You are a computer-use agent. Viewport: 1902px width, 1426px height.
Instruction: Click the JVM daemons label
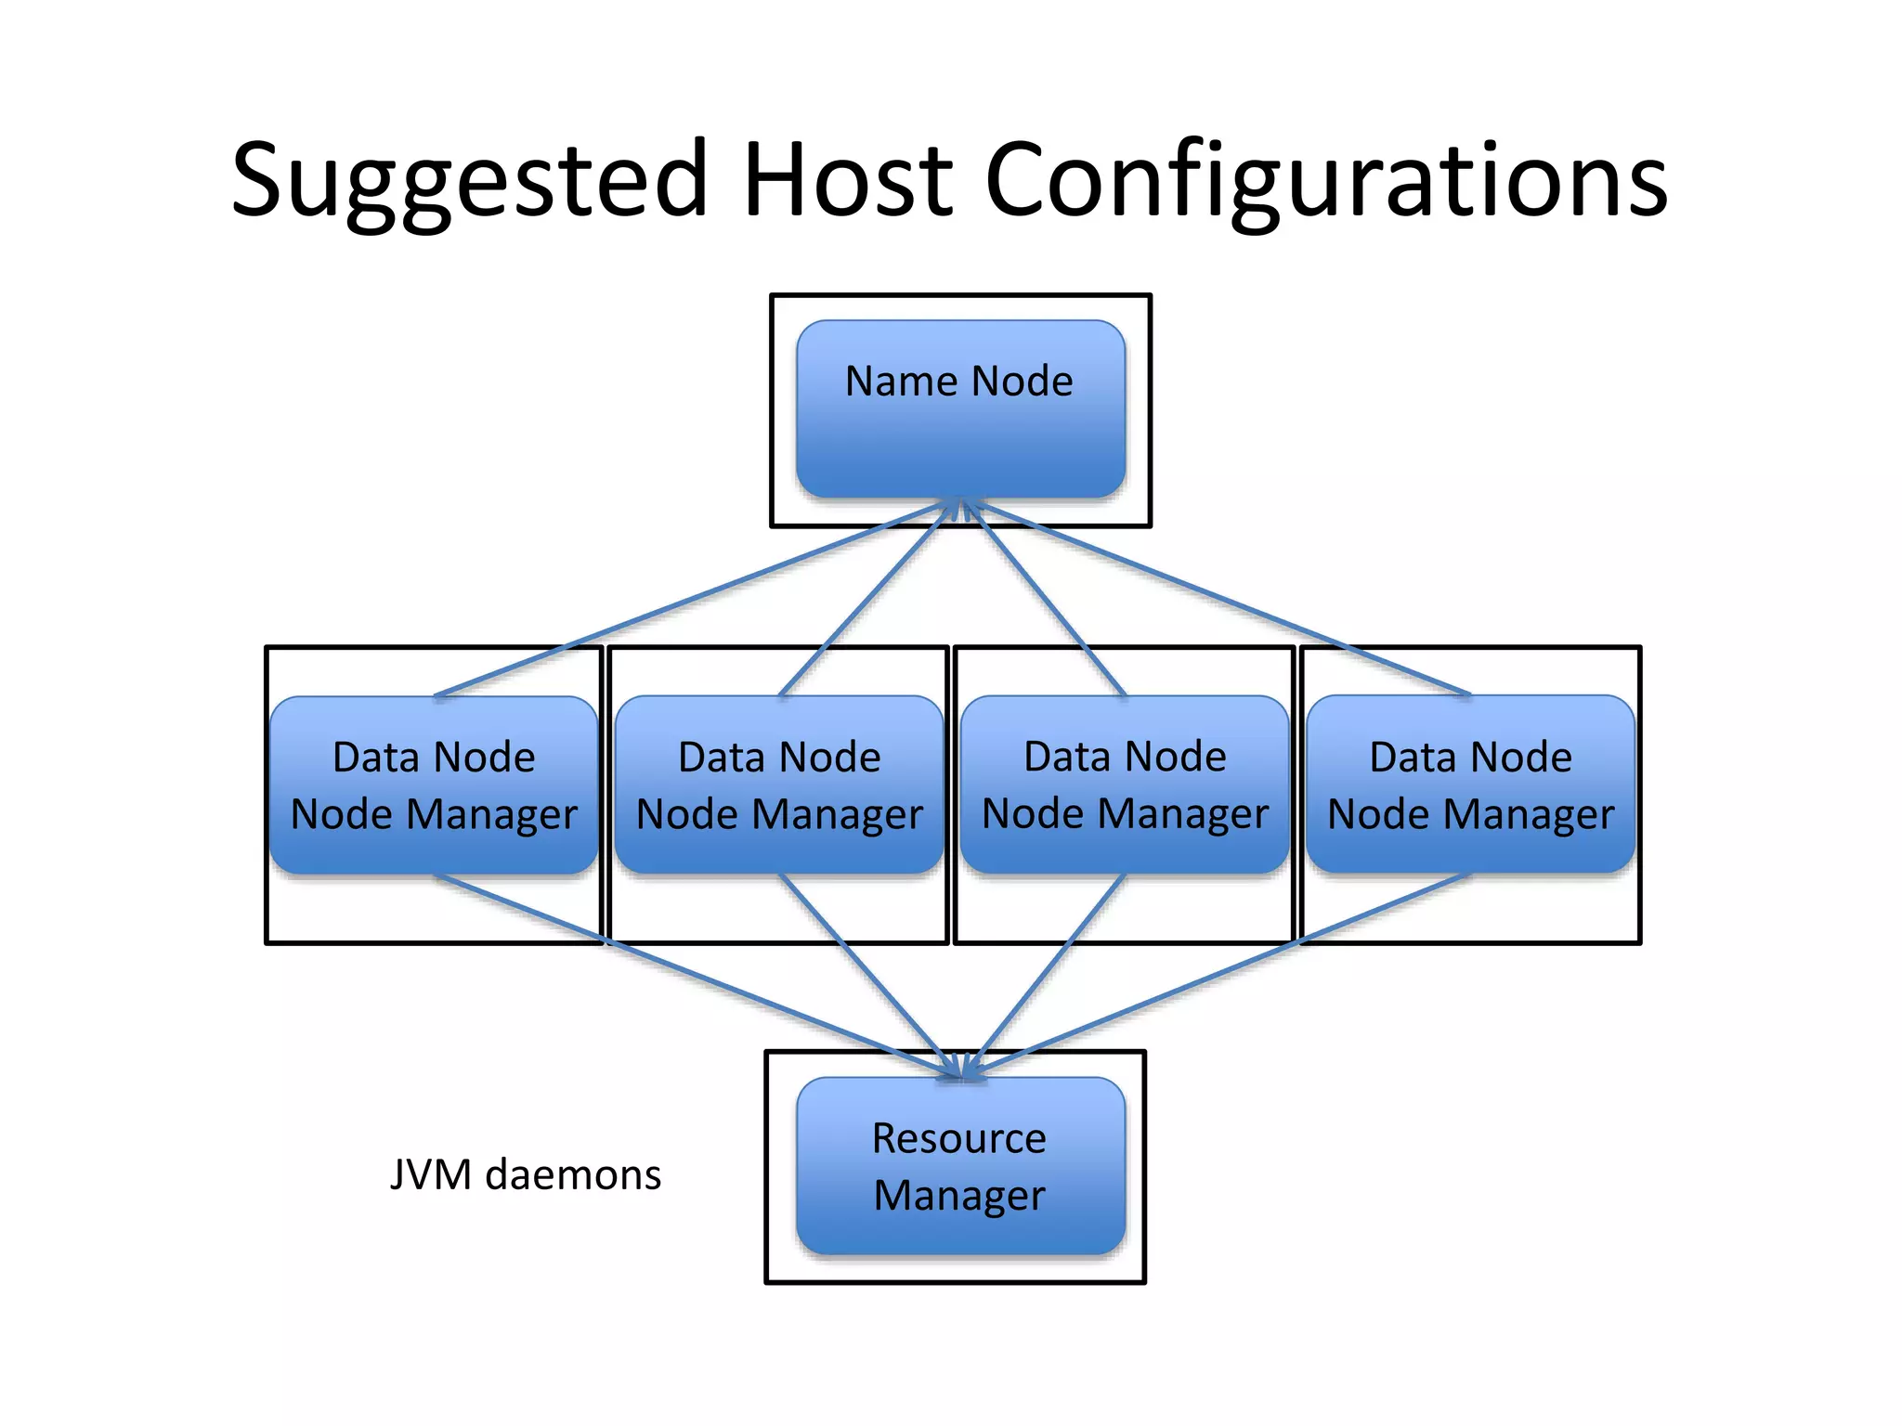coord(526,1174)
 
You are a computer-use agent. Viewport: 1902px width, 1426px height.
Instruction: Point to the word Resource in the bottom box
coord(959,1138)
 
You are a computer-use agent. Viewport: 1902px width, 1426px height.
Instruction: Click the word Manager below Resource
coord(959,1196)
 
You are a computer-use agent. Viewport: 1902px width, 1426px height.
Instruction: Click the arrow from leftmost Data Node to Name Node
coord(687,600)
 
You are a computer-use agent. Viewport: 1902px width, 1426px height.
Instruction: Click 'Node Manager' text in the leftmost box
coord(434,815)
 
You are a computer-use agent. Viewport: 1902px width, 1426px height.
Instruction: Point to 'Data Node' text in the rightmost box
coord(1470,758)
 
